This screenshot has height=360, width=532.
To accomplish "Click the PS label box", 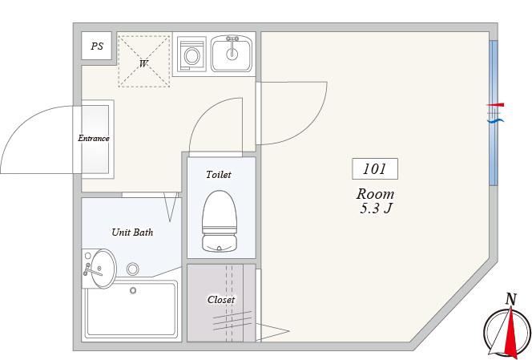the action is pos(97,46).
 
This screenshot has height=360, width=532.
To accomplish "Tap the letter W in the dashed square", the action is pos(143,63).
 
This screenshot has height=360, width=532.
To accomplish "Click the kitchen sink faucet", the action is pos(232,44).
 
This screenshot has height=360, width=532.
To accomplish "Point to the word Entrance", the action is pos(94,138).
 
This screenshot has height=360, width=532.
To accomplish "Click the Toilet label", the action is pos(219,175).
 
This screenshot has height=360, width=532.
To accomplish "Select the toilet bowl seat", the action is pos(220,212).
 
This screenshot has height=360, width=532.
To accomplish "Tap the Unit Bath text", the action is pos(132,233).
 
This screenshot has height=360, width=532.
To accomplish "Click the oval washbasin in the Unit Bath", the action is pos(102,269).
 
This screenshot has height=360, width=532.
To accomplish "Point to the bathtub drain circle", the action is pos(133,290).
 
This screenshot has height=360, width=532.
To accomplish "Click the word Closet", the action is pos(221,300).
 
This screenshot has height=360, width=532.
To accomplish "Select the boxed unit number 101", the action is pos(375,169).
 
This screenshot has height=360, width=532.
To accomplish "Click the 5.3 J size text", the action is pos(376,208).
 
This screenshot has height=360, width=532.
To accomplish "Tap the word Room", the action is pos(375,194).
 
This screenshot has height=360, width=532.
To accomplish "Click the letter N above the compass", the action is pos(510,300).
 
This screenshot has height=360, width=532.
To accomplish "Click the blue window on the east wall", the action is pos(494,113).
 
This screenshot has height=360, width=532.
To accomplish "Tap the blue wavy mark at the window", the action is pos(496,120).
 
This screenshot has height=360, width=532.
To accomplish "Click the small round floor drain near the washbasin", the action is pos(133,269).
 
